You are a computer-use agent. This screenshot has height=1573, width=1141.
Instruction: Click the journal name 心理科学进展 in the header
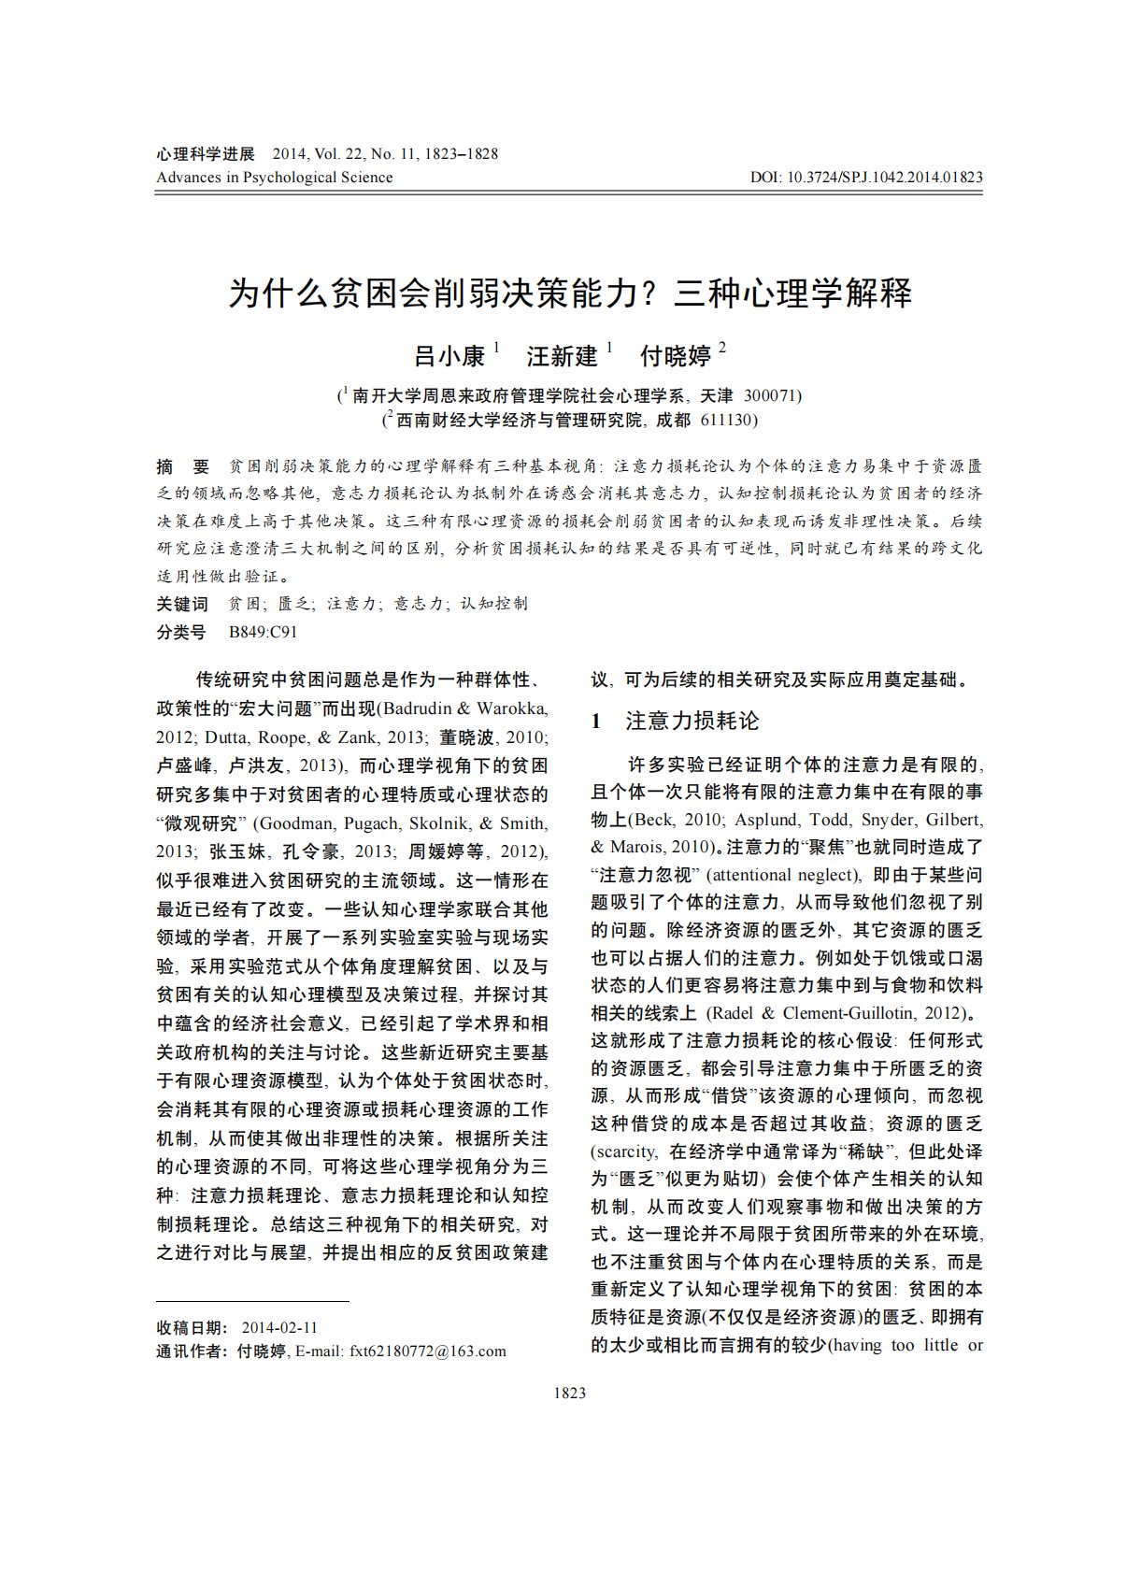pos(206,154)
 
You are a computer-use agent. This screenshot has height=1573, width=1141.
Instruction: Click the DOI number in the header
pos(866,177)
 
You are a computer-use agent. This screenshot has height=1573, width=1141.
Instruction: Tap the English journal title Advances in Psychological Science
pos(274,177)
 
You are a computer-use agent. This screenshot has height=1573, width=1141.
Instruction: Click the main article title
pos(570,294)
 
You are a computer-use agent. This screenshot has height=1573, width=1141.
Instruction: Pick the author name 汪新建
pos(562,356)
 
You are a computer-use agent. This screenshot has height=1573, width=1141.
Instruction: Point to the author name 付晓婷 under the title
pos(675,356)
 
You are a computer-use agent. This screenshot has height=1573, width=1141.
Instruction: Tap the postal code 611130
pos(728,420)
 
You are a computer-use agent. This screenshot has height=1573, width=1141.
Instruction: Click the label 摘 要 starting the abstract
pos(183,466)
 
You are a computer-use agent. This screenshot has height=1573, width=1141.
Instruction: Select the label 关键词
pos(181,604)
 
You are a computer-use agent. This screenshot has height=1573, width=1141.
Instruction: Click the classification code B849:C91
pos(263,632)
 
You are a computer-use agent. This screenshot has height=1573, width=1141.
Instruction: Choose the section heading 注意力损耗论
pos(692,721)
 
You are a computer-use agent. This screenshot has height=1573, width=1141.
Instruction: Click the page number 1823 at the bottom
pos(570,1393)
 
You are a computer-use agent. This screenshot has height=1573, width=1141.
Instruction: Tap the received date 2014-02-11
pos(279,1327)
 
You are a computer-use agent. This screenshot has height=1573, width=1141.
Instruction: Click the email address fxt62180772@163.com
pos(428,1351)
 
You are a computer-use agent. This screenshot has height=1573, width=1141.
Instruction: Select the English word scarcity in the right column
pos(625,1151)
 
